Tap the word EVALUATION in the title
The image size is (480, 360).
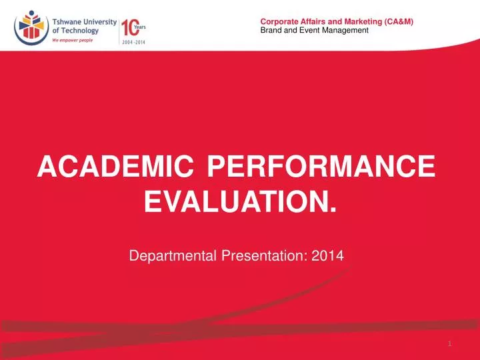pyautogui.click(x=237, y=199)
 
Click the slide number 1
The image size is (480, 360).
pyautogui.click(x=451, y=343)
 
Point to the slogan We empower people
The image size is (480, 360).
pyautogui.click(x=74, y=41)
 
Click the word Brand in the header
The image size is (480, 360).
pyautogui.click(x=270, y=31)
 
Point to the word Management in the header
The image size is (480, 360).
pyautogui.click(x=338, y=31)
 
